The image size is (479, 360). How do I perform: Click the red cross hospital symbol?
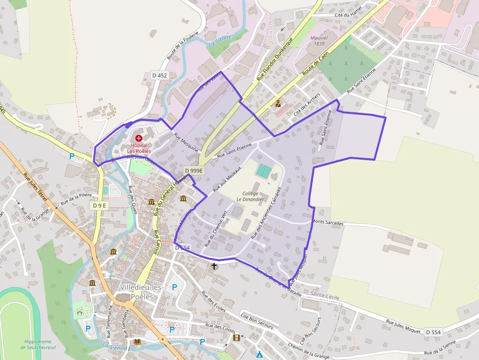[x=139, y=139]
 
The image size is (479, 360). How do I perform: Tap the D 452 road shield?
[x=159, y=75]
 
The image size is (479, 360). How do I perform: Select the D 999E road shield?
[x=194, y=170]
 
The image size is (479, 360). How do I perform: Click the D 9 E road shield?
[x=99, y=206]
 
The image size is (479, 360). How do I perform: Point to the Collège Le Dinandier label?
[x=250, y=196]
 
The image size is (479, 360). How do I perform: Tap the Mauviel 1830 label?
[x=318, y=41]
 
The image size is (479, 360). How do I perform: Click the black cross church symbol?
[x=214, y=266]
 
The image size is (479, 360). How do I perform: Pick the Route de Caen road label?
[x=314, y=64]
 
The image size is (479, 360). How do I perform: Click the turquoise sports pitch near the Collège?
[x=263, y=171]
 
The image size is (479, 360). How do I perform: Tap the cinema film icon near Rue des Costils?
[x=237, y=338]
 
